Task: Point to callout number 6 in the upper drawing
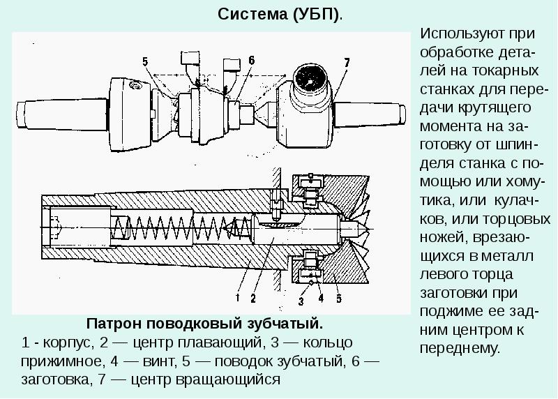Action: [x=251, y=60]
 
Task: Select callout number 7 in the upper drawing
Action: [x=347, y=63]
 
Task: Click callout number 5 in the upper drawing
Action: [x=146, y=61]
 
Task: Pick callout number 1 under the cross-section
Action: [x=238, y=297]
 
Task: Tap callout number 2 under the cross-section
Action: [x=253, y=297]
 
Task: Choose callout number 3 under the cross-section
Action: [x=301, y=301]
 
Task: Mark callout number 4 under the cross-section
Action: [x=321, y=299]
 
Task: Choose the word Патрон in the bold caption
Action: [x=109, y=324]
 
